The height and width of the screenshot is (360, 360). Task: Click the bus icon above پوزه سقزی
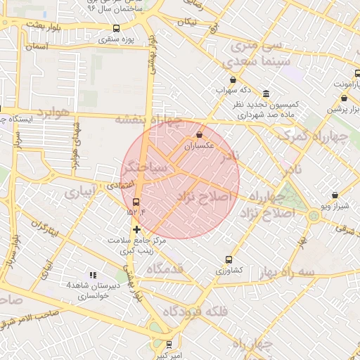pos(116,28)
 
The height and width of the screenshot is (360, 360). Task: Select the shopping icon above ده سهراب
pos(233,80)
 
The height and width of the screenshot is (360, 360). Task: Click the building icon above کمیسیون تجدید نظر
pos(266,94)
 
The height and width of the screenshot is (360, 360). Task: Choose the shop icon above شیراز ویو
pos(334,195)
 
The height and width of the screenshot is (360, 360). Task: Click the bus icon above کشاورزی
pos(229,259)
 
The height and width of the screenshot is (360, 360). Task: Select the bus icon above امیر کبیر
pos(168,345)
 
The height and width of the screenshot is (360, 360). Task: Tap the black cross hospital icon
pos(136,229)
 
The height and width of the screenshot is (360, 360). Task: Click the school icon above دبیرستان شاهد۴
pos(92,275)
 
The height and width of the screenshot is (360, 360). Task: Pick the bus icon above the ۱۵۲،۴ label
pos(136,202)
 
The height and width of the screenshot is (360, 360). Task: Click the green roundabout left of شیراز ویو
pos(313,214)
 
